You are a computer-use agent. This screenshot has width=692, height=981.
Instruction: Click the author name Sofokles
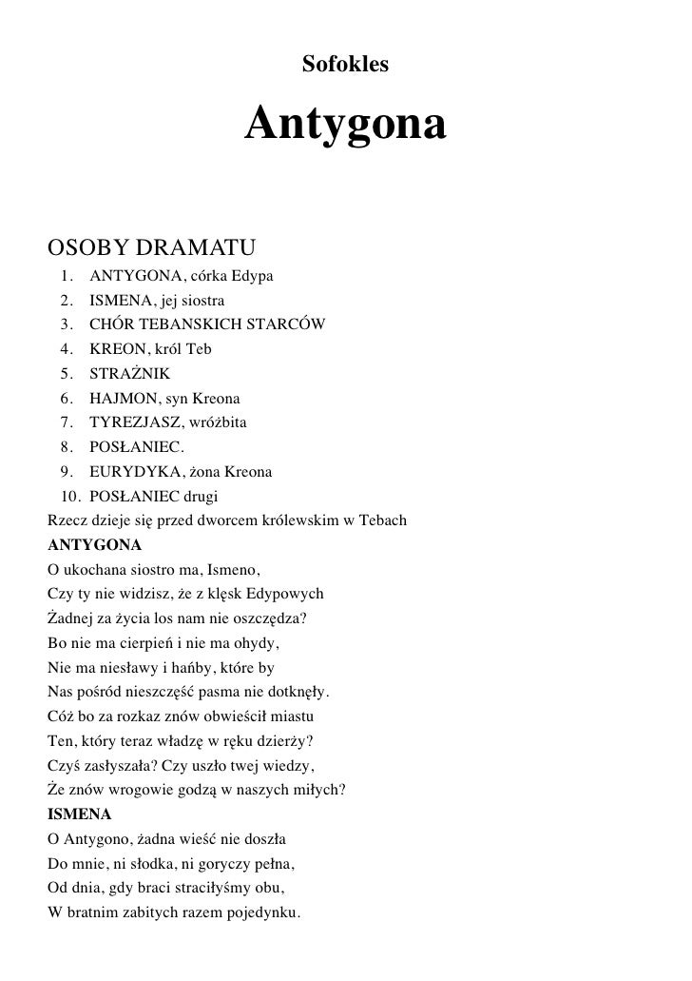[345, 65]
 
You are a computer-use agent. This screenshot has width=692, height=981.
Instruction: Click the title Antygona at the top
[345, 125]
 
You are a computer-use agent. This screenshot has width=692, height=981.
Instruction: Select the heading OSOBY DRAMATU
[151, 249]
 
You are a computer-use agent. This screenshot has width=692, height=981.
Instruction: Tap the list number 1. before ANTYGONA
[67, 276]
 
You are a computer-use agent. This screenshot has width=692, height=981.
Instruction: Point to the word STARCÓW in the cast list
[286, 324]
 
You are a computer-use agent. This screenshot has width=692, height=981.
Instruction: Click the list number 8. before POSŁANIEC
[67, 447]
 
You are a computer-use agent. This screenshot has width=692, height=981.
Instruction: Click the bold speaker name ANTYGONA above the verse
[94, 545]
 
